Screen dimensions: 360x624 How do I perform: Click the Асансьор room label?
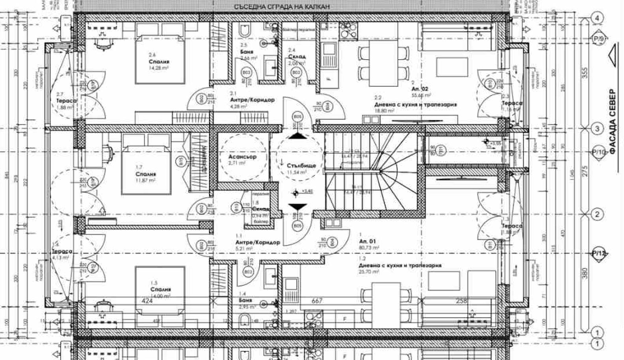242,157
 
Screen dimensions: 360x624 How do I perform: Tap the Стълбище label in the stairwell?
301,166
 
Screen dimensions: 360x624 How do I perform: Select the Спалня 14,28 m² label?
159,62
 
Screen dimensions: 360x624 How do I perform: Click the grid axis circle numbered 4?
598,18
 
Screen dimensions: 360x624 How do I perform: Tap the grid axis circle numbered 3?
598,128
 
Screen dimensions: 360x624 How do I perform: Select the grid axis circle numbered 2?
598,215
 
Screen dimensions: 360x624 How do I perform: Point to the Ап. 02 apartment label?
420,89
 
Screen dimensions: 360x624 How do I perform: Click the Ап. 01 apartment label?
367,241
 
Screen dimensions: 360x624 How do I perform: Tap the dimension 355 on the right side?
585,73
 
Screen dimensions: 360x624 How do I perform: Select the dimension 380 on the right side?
585,273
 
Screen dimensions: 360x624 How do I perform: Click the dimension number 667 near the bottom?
317,301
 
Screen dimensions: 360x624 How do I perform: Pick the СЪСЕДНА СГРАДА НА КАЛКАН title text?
282,7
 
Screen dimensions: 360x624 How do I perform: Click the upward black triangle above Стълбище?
297,136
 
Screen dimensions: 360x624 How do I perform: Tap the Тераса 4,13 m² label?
62,251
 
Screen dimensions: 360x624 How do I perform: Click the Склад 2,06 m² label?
297,57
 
